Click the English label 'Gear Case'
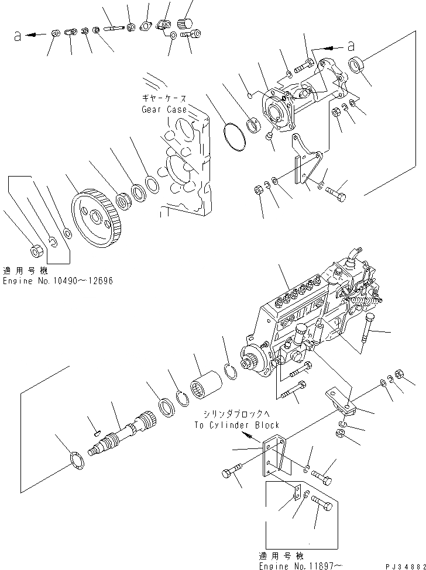164,109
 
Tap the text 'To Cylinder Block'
236,425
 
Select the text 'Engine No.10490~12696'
57,281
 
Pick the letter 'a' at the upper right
351,44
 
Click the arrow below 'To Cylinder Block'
252,436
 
